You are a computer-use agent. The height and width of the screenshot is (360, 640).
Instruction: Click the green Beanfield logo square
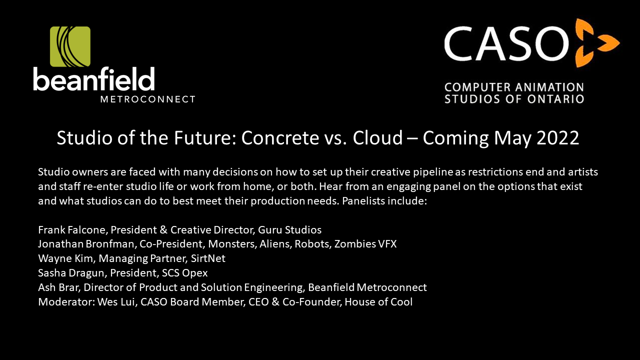70,46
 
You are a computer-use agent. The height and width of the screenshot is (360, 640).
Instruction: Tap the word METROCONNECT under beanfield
147,99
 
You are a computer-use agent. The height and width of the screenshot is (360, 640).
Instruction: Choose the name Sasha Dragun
70,273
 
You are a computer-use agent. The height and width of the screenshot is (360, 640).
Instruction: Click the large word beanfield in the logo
94,79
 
